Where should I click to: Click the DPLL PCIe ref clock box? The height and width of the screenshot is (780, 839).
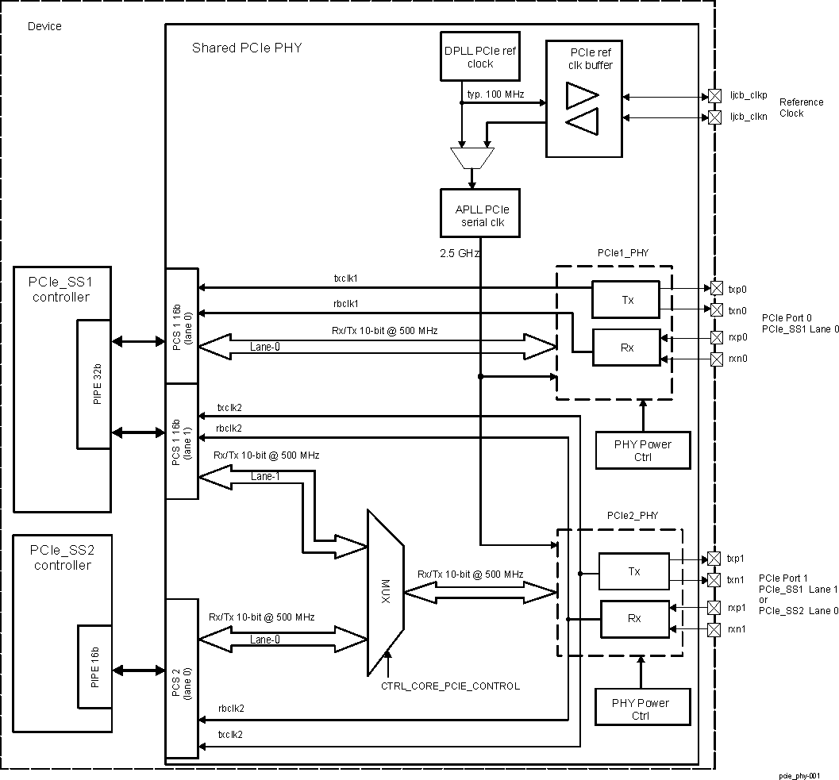(x=480, y=56)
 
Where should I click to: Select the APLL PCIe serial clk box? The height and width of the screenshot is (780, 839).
(x=480, y=213)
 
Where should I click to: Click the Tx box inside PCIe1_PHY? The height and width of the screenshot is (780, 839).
(x=625, y=300)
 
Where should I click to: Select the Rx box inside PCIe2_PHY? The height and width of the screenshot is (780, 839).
(x=634, y=619)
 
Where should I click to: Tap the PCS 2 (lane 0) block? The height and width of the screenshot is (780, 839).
(x=181, y=678)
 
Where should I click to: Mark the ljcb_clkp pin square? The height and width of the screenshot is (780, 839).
(x=714, y=96)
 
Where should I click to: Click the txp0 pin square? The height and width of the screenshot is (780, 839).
(x=716, y=288)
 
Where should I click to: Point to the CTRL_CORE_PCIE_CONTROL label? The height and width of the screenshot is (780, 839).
(x=450, y=686)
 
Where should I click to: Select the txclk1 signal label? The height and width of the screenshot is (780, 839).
(x=346, y=279)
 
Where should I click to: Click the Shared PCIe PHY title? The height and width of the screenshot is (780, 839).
(x=247, y=48)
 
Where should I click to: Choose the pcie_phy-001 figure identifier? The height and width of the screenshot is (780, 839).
(x=798, y=775)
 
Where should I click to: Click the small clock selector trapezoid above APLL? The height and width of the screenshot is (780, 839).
(x=471, y=157)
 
